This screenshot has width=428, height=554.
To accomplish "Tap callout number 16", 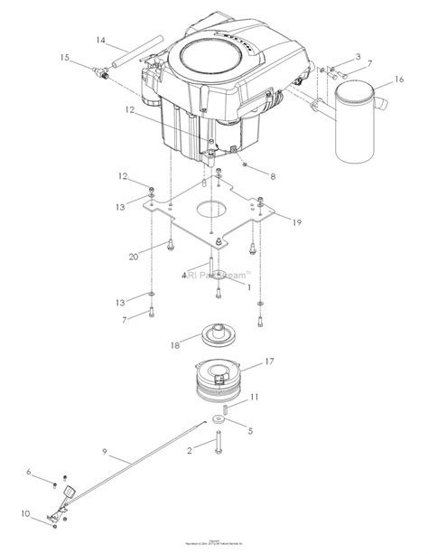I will click(398, 80).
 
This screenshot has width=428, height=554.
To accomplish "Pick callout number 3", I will click(358, 57).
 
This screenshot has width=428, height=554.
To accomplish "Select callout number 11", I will click(256, 396).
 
